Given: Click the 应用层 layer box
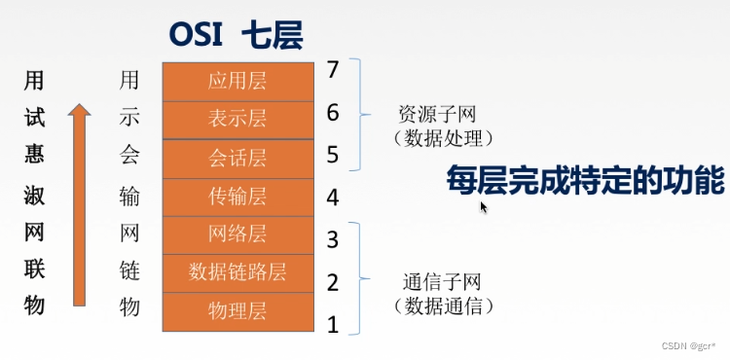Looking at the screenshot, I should [237, 82].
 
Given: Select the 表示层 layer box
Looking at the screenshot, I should [237, 120].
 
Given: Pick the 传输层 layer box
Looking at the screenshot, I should [237, 198].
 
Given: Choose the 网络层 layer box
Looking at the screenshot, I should [237, 235].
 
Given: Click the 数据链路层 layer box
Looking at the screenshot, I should [237, 271].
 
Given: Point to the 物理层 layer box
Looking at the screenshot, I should [237, 311].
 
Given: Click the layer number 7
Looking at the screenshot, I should [333, 70].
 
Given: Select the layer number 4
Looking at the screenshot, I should [333, 198].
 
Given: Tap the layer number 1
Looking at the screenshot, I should [333, 325].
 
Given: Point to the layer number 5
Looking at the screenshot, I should [333, 154].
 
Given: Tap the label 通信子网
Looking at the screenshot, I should [443, 283].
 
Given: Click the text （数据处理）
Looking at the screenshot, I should [444, 137].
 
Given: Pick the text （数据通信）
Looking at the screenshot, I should [444, 306].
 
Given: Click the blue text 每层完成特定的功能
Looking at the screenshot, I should [585, 182].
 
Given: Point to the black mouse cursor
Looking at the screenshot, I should [484, 206].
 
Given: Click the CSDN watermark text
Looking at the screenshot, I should [685, 346].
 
